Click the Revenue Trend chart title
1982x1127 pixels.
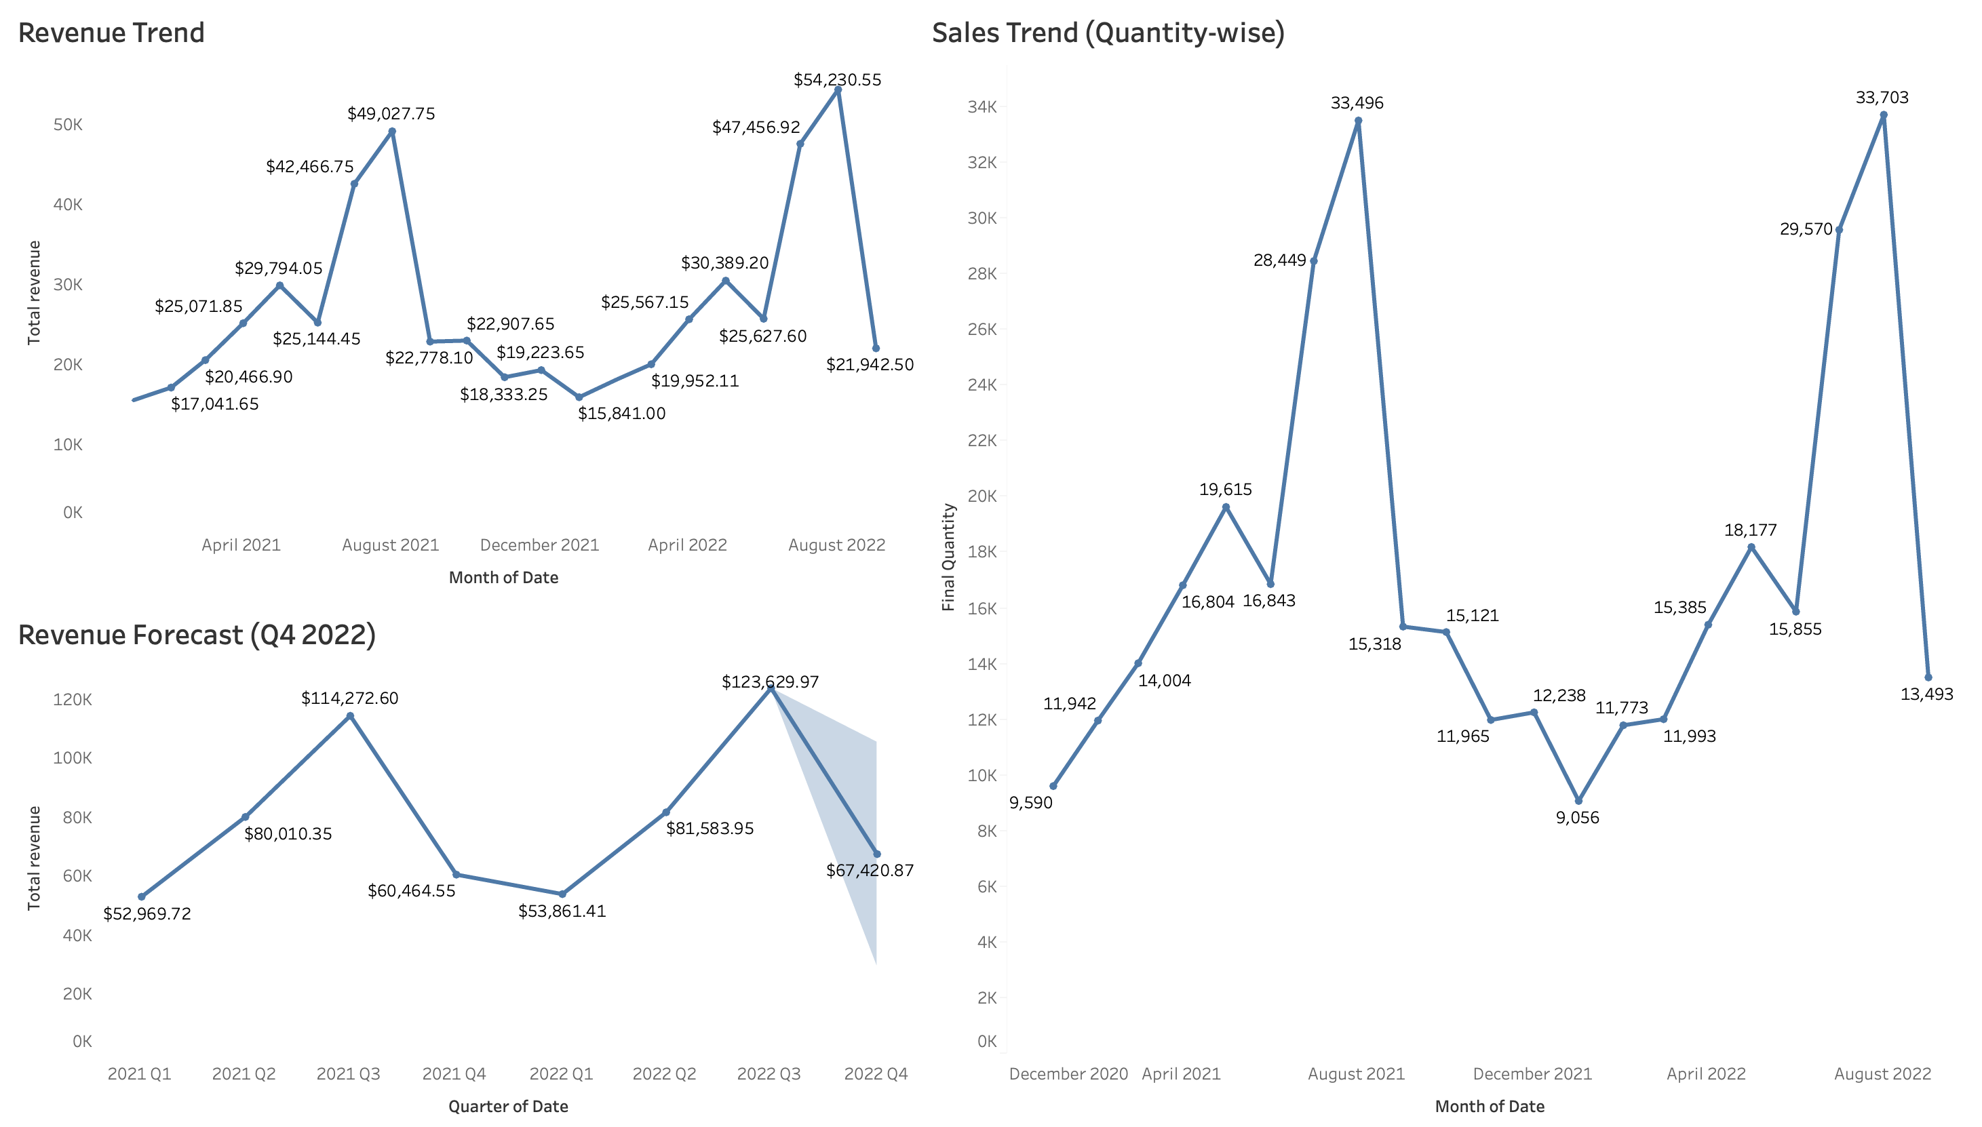click(111, 33)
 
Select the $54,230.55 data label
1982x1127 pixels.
click(837, 80)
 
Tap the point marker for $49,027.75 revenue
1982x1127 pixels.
click(392, 132)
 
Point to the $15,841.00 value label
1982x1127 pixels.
click(622, 414)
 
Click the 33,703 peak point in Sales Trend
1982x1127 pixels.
click(1884, 115)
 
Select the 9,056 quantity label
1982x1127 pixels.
click(1577, 817)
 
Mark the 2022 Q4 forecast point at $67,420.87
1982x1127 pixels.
click(876, 854)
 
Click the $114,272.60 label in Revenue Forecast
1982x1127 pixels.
click(349, 698)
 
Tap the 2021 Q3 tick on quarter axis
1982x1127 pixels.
click(349, 1073)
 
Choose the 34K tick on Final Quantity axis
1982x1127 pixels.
click(982, 107)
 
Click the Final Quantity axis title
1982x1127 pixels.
click(948, 557)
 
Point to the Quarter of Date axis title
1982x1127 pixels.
click(508, 1106)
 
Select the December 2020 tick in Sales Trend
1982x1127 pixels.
click(1068, 1073)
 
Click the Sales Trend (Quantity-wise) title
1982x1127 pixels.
click(1108, 33)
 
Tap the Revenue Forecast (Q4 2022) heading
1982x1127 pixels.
click(197, 635)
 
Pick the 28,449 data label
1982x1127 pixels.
click(1280, 260)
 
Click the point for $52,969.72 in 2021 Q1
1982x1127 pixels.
click(141, 896)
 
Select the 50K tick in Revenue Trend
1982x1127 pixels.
click(68, 125)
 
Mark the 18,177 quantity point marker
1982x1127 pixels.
click(1751, 547)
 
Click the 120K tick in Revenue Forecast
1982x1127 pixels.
click(72, 700)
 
